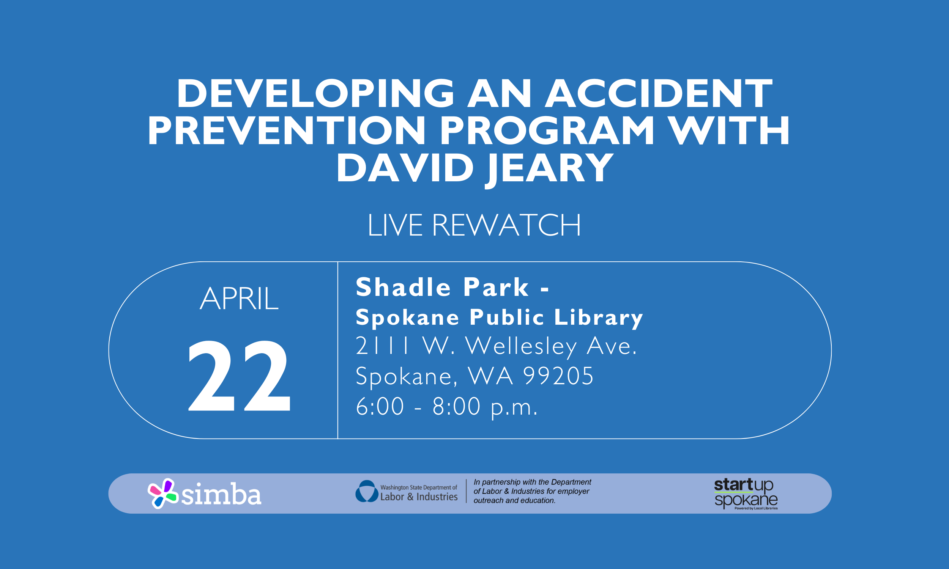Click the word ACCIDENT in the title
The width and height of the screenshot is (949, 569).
[x=658, y=94]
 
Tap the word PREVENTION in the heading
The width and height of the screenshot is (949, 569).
[x=287, y=131]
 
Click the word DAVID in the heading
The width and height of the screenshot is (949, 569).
[x=405, y=168]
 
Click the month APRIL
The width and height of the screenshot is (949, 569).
[x=239, y=299]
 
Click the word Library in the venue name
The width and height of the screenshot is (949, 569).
[x=598, y=318]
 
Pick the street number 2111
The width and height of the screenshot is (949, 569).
[x=382, y=346]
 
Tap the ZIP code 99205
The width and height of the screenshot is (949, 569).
[x=558, y=376]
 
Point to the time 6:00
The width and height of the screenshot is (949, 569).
[x=380, y=406]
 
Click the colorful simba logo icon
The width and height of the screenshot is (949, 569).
[x=162, y=493]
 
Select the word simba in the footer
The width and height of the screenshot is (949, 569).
[x=221, y=495]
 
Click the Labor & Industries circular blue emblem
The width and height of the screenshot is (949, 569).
[x=366, y=491]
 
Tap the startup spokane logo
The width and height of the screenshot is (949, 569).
[x=745, y=494]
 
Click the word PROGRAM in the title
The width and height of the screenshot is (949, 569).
[x=547, y=131]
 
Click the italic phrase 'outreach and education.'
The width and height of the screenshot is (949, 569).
[x=514, y=500]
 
